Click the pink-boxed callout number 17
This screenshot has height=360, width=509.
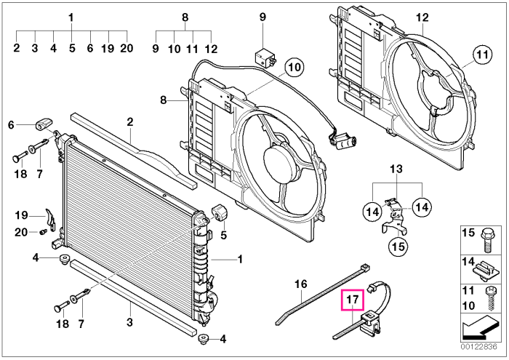(353, 300)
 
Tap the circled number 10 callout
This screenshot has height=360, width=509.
(294, 68)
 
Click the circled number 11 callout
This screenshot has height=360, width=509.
(482, 55)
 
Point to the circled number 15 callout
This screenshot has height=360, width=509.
(398, 247)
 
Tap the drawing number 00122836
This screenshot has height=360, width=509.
(478, 347)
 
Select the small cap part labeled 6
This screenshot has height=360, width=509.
(44, 124)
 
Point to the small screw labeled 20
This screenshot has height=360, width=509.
(43, 232)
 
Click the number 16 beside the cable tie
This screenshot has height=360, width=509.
(300, 284)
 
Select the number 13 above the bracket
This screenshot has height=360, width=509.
(396, 169)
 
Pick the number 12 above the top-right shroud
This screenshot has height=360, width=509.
(422, 17)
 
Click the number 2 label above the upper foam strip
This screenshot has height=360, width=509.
(130, 121)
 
